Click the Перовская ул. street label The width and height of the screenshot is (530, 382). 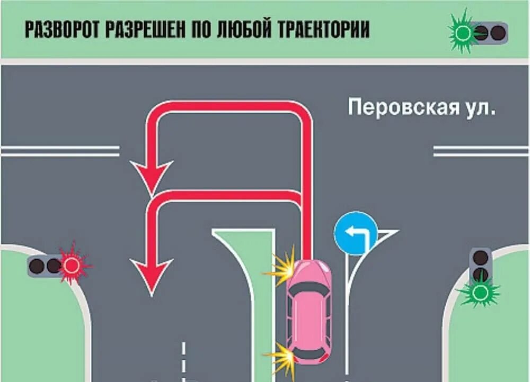421,107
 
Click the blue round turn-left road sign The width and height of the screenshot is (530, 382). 355,233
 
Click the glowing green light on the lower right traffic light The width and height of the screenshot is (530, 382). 481,292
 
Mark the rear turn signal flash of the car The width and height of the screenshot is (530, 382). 281,358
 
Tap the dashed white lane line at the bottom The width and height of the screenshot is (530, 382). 183,360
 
